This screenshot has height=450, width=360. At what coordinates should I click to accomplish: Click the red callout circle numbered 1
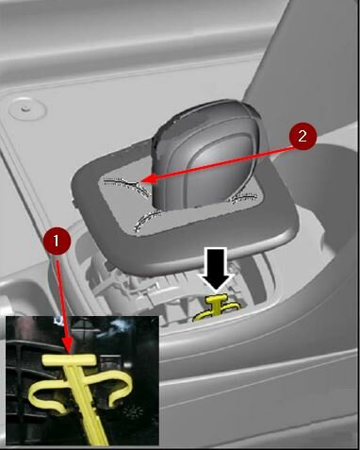click(57, 242)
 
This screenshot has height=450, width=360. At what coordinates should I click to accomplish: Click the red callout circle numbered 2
click(303, 137)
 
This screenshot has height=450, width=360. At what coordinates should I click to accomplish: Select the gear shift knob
click(207, 154)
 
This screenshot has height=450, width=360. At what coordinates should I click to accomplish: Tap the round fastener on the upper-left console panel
click(25, 109)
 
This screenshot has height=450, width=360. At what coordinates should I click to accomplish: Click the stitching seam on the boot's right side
click(244, 198)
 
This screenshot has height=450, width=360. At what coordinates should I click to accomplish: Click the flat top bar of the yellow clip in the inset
click(69, 359)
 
